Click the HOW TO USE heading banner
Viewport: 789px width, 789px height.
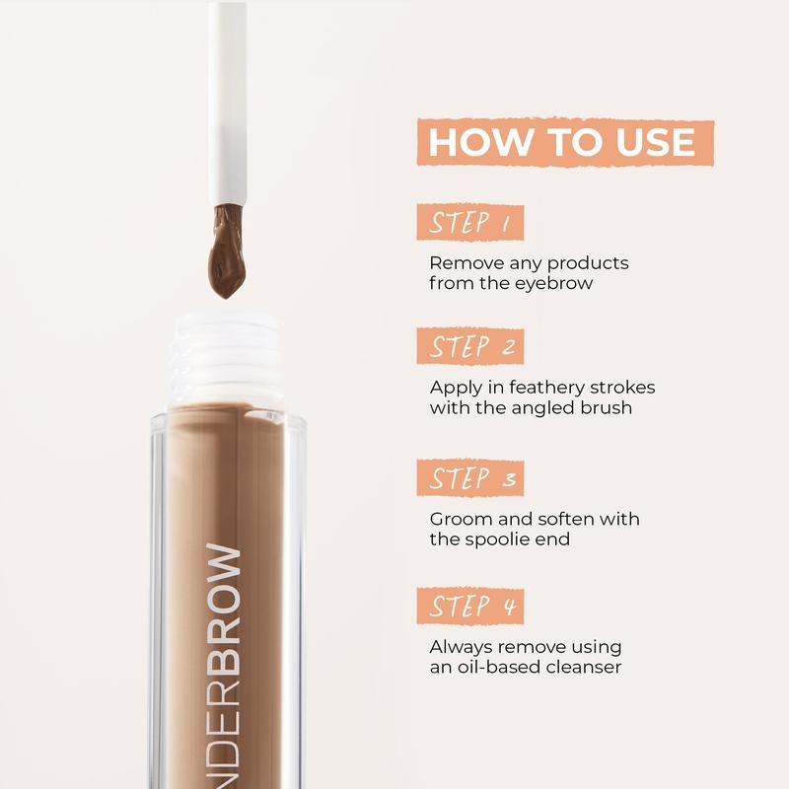tap(562, 141)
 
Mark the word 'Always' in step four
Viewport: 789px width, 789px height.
tap(460, 647)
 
